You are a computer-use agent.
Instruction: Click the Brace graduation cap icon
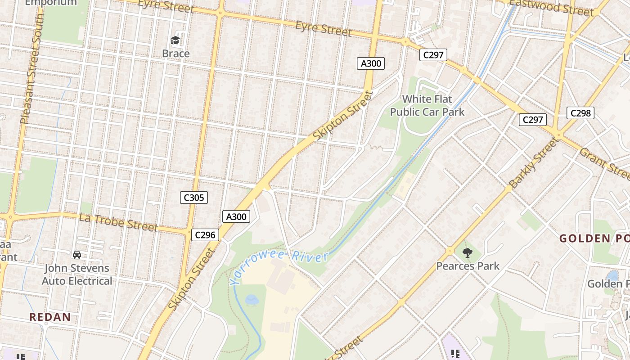pyautogui.click(x=175, y=40)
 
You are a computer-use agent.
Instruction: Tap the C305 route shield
pyautogui.click(x=194, y=197)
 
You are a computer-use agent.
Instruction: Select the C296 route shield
pyautogui.click(x=205, y=234)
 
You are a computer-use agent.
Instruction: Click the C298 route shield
pyautogui.click(x=580, y=113)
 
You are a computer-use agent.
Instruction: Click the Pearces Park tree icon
pyautogui.click(x=468, y=253)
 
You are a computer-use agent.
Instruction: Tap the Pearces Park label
pyautogui.click(x=468, y=266)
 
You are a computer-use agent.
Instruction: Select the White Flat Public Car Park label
pyautogui.click(x=427, y=105)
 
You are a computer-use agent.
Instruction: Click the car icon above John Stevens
pyautogui.click(x=77, y=255)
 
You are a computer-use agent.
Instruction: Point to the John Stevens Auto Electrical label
pyautogui.click(x=77, y=274)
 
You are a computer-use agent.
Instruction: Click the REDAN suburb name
pyautogui.click(x=50, y=317)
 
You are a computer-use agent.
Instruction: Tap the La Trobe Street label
pyautogui.click(x=118, y=222)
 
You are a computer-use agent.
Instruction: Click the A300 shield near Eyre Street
pyautogui.click(x=371, y=63)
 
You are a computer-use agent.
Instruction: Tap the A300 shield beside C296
pyautogui.click(x=236, y=216)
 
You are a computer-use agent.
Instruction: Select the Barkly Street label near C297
pyautogui.click(x=534, y=162)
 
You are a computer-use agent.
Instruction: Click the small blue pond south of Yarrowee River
pyautogui.click(x=252, y=299)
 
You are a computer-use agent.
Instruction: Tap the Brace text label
pyautogui.click(x=175, y=54)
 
